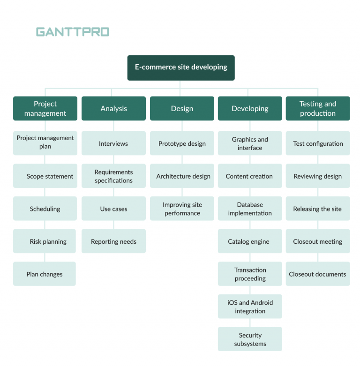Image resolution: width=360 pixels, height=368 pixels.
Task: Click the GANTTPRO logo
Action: tap(73, 32)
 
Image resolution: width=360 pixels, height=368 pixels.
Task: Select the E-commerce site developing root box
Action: tap(181, 68)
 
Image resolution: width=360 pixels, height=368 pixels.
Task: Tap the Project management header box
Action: tap(45, 109)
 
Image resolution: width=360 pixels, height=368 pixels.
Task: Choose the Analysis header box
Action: tap(113, 109)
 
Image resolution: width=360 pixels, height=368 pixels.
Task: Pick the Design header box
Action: tap(182, 109)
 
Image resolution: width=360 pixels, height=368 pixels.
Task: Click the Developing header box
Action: tap(250, 109)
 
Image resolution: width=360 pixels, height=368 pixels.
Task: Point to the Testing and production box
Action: tap(318, 109)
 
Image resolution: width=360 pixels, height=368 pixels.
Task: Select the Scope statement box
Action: tap(45, 176)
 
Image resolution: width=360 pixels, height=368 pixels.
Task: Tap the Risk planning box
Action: tap(45, 241)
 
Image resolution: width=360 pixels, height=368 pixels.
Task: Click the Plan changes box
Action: tap(45, 274)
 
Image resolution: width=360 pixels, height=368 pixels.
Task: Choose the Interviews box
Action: tap(113, 143)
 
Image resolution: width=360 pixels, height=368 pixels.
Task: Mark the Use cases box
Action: tap(113, 209)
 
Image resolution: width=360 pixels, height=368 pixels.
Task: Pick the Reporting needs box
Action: tap(113, 241)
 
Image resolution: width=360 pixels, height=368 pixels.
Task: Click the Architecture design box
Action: tap(182, 176)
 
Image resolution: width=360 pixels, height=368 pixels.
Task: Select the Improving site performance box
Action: tap(182, 209)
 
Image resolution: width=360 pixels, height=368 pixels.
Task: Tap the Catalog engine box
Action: tap(250, 241)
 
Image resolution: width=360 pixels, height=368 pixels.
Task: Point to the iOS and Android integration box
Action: tap(250, 307)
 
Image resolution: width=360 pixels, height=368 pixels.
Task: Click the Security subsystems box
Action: tap(250, 339)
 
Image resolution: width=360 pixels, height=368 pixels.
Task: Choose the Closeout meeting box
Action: tap(318, 241)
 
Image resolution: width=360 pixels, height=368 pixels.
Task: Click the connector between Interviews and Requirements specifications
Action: tap(113, 159)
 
